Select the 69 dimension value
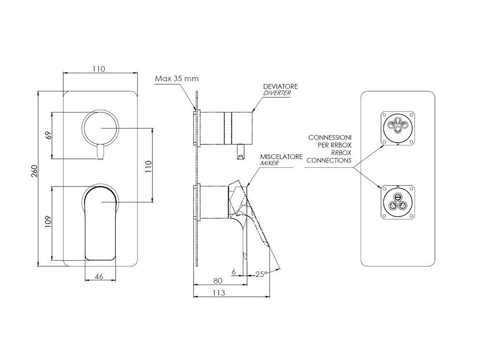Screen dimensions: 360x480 [x=47, y=136]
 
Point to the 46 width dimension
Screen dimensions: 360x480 [x=99, y=277]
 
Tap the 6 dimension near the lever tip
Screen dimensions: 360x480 [x=233, y=271]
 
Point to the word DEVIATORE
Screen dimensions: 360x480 [x=280, y=87]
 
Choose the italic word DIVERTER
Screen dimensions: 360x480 [x=277, y=93]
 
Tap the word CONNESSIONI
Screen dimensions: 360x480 [x=330, y=137]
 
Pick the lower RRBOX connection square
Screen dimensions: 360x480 [x=397, y=202]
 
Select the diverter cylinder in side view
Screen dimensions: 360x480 [x=227, y=128]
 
